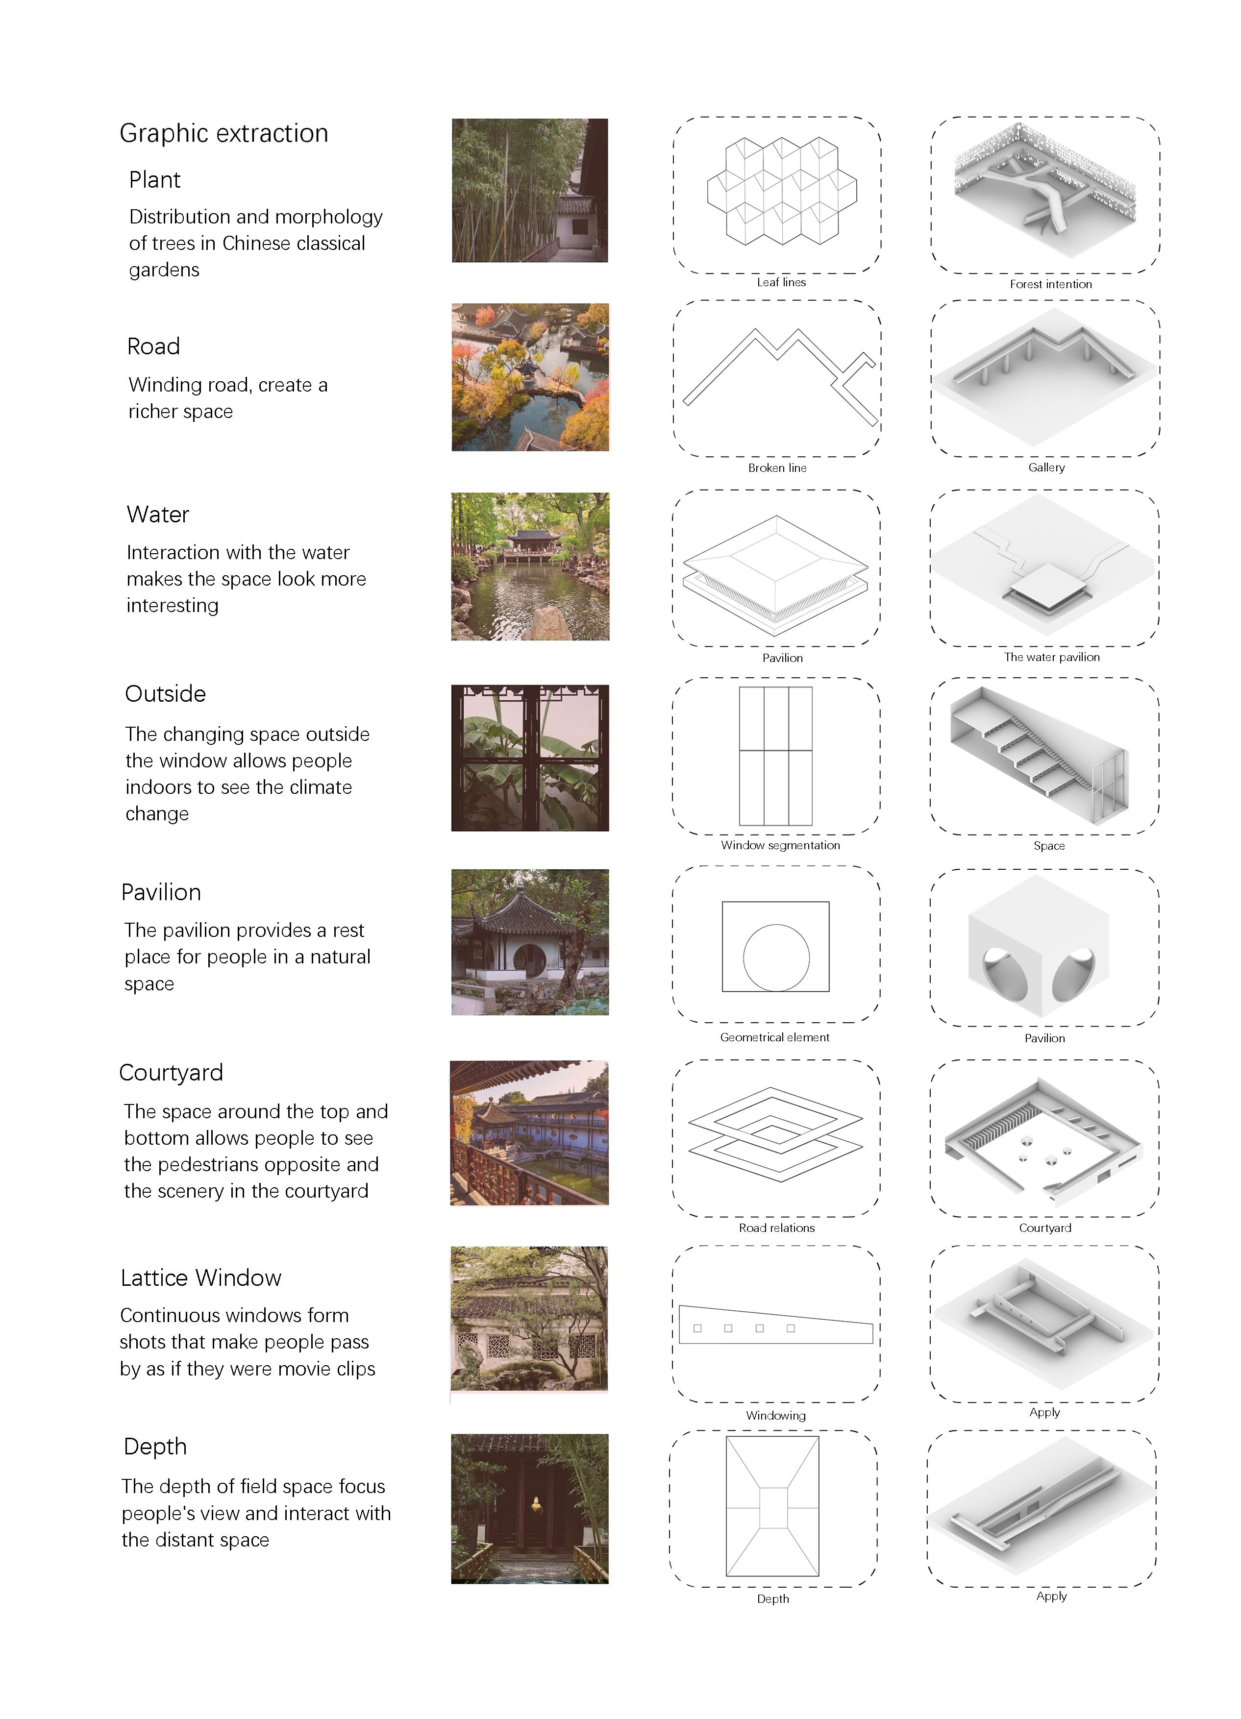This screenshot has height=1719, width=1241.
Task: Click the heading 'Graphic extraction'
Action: tap(223, 133)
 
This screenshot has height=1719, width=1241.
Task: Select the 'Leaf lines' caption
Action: tap(781, 282)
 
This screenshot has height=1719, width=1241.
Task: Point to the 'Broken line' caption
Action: tap(777, 467)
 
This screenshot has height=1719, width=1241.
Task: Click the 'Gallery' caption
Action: tap(1046, 467)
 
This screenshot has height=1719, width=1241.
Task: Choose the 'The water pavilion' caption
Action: tap(1051, 657)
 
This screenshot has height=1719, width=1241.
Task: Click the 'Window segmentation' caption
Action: tap(780, 845)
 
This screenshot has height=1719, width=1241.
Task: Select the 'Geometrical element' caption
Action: tap(774, 1037)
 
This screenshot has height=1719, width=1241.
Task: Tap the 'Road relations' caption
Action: tap(776, 1228)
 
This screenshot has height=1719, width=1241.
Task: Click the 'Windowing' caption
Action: tap(775, 1415)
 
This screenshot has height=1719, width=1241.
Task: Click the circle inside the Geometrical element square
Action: tap(775, 958)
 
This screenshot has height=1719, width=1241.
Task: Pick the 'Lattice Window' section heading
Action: tap(201, 1278)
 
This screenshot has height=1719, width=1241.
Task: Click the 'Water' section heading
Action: tap(158, 515)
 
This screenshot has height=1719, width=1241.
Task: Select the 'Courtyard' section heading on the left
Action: tap(172, 1073)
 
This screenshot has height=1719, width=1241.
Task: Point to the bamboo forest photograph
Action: tap(529, 190)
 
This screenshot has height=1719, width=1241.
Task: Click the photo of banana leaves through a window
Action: tap(529, 758)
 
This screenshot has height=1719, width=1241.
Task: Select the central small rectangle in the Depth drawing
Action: tap(772, 1507)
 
